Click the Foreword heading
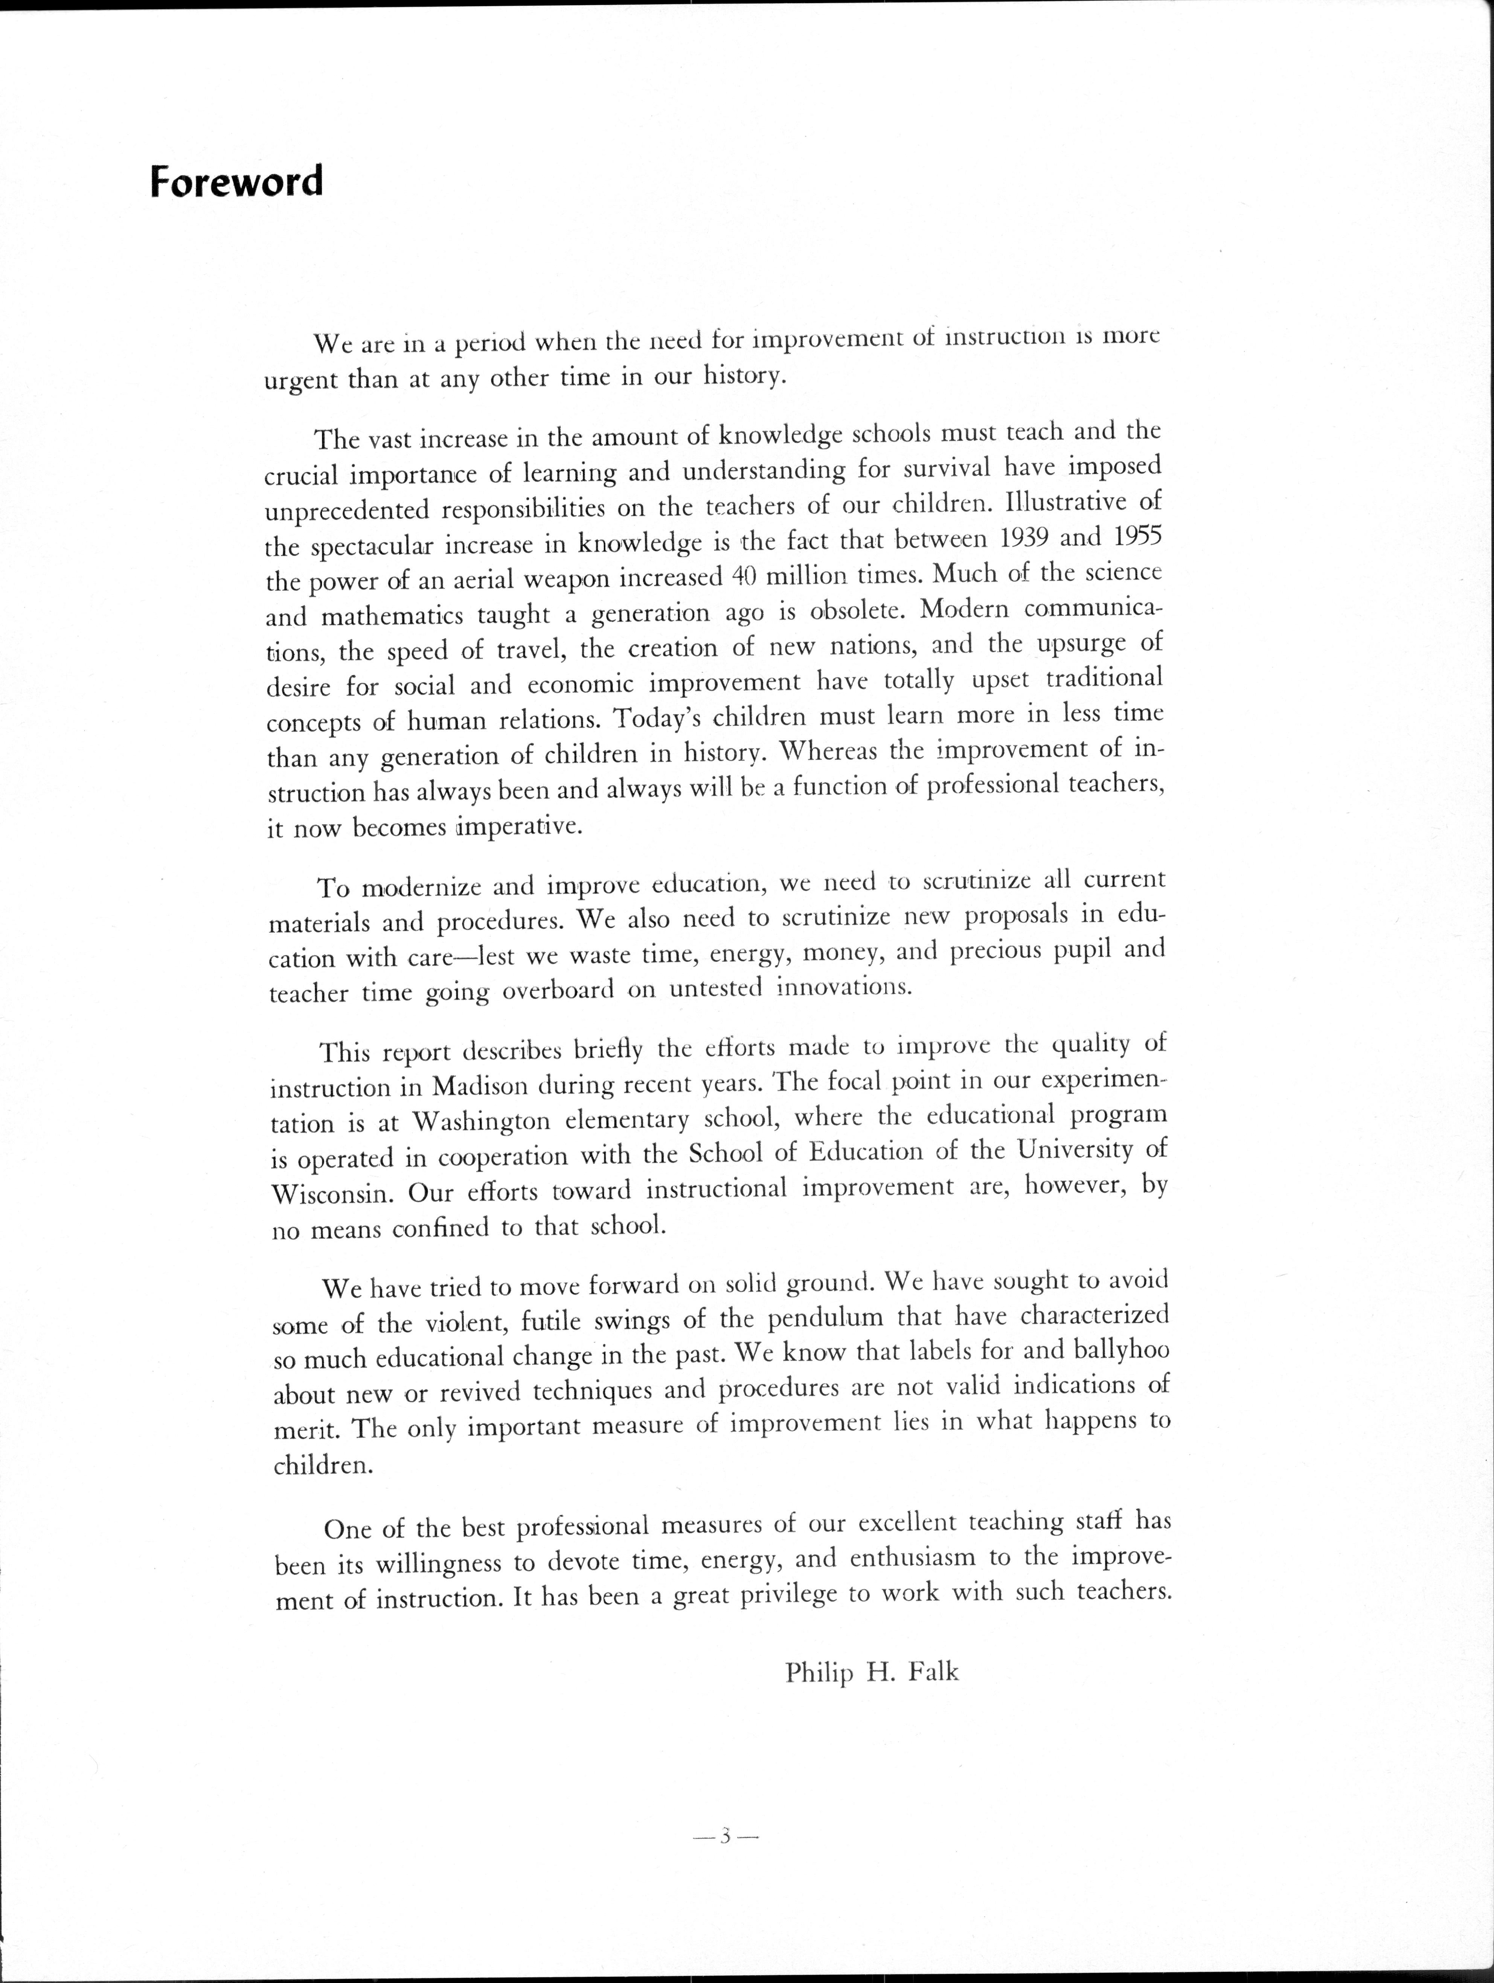[x=236, y=182]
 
